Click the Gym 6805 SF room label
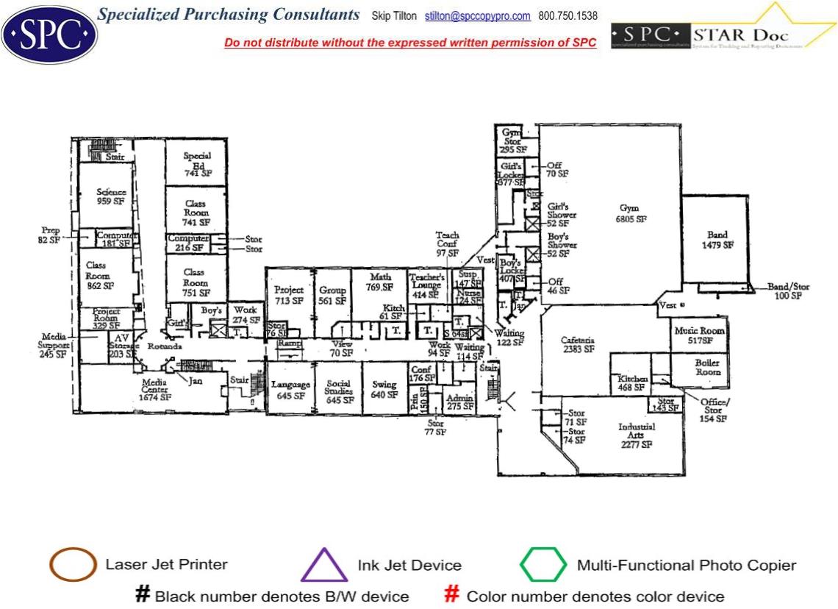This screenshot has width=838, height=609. click(x=630, y=213)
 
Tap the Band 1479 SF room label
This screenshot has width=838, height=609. click(x=717, y=240)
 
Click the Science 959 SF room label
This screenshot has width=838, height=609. click(x=111, y=196)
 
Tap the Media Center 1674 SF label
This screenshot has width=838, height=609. click(x=154, y=393)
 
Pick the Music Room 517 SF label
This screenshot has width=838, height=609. click(x=699, y=335)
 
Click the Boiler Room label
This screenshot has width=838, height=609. click(x=707, y=368)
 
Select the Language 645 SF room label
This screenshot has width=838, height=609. click(x=290, y=390)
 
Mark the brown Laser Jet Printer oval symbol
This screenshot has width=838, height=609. click(x=73, y=566)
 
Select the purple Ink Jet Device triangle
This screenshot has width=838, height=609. click(x=324, y=566)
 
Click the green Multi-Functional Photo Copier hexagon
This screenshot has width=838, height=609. click(x=543, y=566)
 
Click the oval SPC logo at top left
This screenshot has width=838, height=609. click(x=49, y=34)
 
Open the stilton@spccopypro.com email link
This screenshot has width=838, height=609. click(x=478, y=16)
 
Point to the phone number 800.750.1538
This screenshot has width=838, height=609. click(x=567, y=16)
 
